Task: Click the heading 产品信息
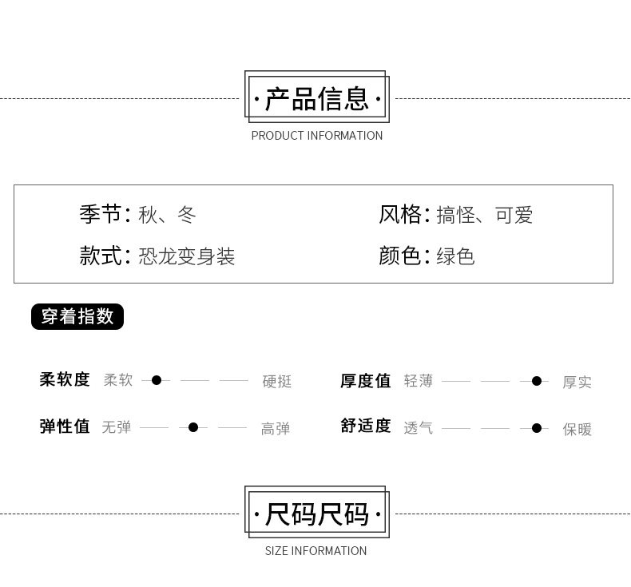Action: [x=316, y=100]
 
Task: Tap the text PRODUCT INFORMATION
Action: [x=316, y=136]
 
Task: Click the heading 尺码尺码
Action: [x=316, y=515]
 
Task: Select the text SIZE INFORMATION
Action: [x=315, y=551]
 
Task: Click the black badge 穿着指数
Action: [x=77, y=316]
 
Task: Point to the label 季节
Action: [x=100, y=215]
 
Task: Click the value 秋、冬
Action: [x=167, y=215]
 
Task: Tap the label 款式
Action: [x=100, y=256]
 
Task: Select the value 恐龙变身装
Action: [x=187, y=256]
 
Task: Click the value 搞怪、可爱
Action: [x=485, y=215]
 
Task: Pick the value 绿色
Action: [x=455, y=256]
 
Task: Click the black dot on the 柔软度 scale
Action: [x=157, y=380]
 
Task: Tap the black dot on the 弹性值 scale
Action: [x=193, y=427]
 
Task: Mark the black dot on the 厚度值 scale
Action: [x=537, y=381]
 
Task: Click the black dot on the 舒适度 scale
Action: [x=537, y=428]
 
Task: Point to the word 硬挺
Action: [x=277, y=382]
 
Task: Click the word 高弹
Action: [x=276, y=429]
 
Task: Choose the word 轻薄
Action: [x=418, y=381]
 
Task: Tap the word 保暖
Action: [x=577, y=429]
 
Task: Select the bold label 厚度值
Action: [x=366, y=381]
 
